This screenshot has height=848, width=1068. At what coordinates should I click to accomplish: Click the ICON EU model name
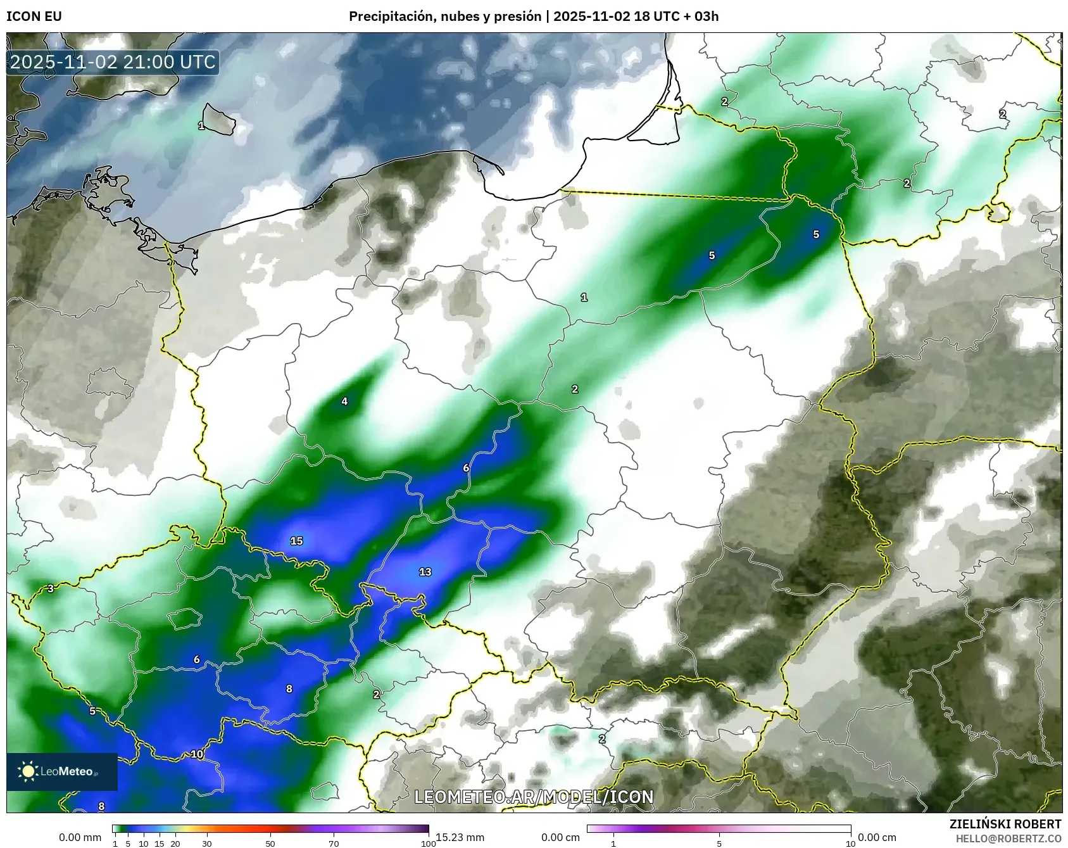coord(34,16)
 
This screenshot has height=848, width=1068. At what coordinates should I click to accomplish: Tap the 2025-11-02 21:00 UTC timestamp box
coord(113,62)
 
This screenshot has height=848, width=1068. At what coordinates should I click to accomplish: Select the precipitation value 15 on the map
coord(296,541)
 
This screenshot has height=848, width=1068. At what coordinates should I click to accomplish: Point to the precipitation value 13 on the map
coord(425,572)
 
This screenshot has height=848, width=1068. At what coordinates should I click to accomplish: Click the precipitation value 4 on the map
coord(344,401)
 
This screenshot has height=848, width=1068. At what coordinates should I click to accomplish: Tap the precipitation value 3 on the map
coord(51,588)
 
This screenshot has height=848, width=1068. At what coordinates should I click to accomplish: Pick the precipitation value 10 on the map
coord(197,754)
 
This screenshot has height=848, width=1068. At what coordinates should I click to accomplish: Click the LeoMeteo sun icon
coord(28,771)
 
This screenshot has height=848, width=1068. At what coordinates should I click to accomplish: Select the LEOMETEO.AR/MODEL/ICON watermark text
coord(534,797)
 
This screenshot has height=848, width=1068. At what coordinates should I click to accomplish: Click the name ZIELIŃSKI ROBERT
coord(1005,824)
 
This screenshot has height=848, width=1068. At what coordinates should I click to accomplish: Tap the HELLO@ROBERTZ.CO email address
coord(1008,839)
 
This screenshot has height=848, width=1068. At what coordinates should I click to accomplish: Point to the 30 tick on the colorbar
coord(207,843)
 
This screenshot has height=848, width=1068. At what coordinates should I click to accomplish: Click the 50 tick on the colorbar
coord(270,843)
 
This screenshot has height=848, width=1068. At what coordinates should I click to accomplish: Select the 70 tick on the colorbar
coord(334,843)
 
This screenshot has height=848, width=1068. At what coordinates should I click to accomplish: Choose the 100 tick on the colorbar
coord(428,843)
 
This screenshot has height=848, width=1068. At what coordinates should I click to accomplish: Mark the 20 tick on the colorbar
coord(175,843)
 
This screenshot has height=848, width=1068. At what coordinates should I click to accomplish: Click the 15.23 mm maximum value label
coord(460,837)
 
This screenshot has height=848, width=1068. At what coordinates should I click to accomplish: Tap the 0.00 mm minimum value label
coord(80,837)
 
